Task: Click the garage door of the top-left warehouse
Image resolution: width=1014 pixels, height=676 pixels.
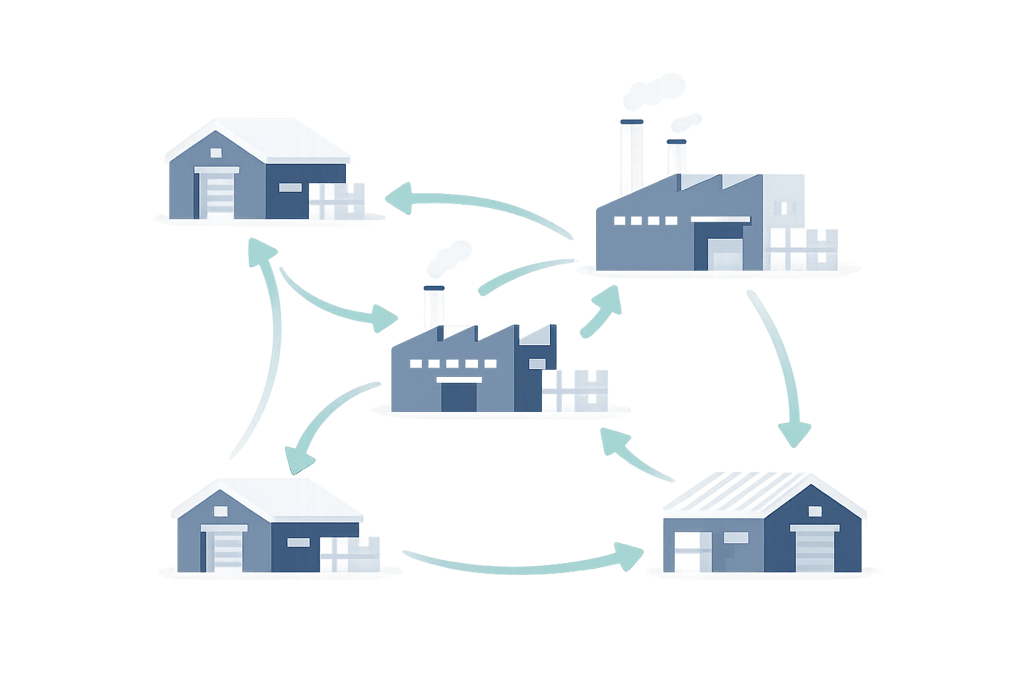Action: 215,193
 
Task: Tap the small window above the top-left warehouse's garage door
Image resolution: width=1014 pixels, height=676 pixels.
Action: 216,153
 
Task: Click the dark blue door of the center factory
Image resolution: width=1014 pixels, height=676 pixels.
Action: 458,397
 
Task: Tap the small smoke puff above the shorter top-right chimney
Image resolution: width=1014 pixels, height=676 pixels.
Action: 685,122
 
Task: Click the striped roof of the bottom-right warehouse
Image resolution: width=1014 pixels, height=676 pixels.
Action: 733,491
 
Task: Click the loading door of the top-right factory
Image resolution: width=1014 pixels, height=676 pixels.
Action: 724,254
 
